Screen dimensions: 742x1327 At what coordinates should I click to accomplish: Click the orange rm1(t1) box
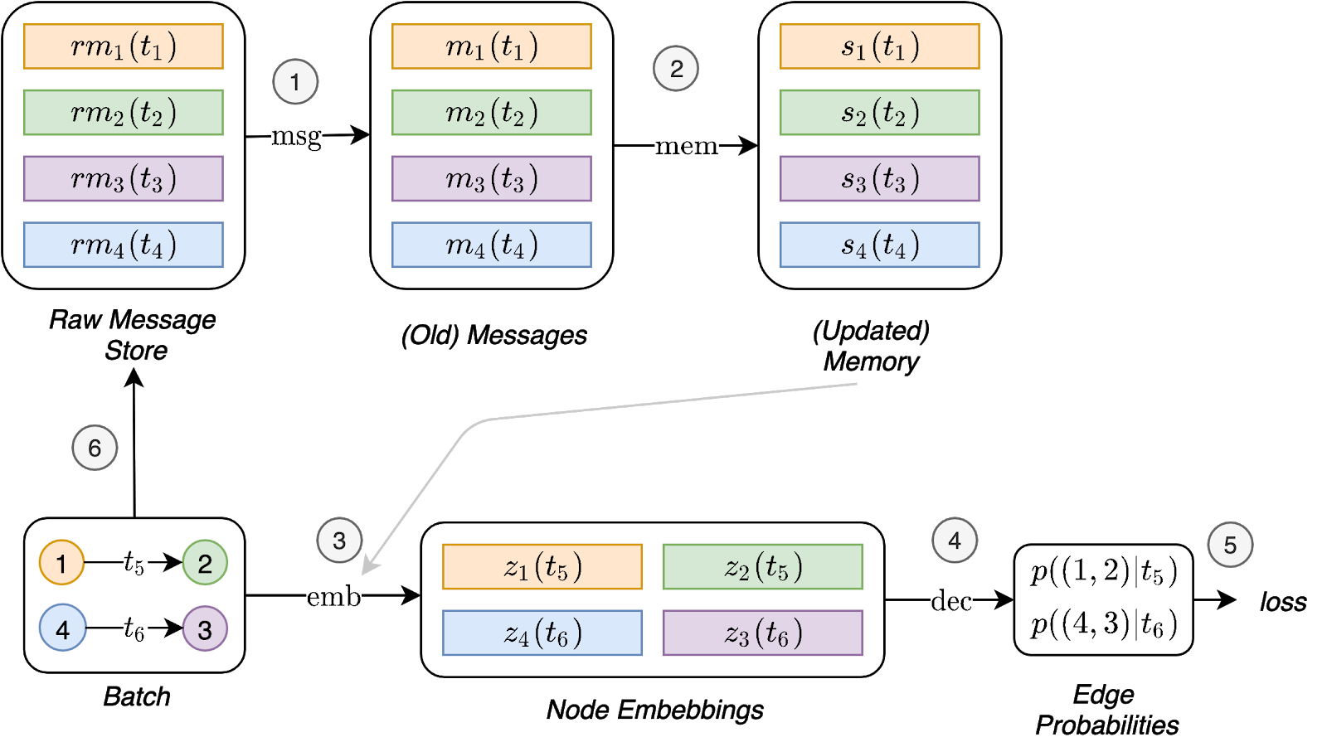[124, 46]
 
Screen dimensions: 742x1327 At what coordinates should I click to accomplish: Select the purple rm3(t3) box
[124, 179]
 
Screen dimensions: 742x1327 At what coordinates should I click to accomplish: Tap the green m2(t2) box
[491, 113]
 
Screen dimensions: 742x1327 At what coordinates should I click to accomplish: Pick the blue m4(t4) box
[491, 245]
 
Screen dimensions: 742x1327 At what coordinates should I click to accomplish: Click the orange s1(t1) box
[879, 46]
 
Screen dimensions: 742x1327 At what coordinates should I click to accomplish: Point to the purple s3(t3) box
[879, 179]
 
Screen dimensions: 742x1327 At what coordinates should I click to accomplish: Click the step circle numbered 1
[294, 82]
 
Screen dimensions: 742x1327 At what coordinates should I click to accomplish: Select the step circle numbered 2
[676, 69]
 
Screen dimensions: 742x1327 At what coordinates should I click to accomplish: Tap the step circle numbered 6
[95, 448]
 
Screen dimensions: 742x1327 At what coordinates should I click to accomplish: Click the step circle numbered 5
[1230, 545]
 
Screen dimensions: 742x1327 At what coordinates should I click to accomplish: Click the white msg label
[296, 138]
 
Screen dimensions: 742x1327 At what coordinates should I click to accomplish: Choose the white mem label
[686, 147]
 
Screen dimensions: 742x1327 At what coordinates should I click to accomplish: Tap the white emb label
[333, 596]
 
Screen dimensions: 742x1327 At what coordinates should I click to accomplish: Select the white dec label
[951, 600]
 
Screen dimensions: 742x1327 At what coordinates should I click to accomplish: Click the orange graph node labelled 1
[61, 563]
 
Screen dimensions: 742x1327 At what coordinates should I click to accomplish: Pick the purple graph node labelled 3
[205, 629]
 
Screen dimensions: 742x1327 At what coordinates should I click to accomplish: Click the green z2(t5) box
[763, 567]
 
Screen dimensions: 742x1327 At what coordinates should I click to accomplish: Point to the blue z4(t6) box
[542, 633]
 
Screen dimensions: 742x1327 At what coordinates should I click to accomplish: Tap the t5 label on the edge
[134, 563]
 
